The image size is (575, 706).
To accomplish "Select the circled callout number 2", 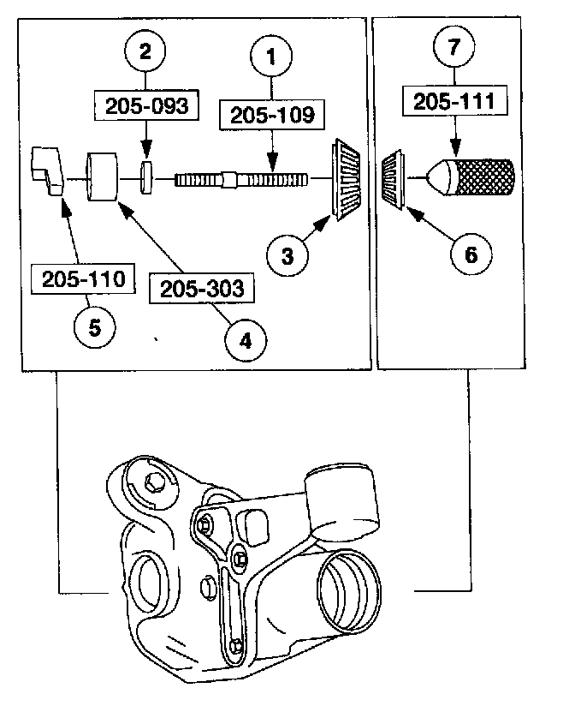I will click(146, 51).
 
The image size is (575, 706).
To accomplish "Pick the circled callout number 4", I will click(245, 340).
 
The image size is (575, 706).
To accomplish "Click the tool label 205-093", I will click(146, 105).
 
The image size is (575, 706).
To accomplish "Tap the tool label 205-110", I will click(83, 279).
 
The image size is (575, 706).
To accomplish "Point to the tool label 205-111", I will click(455, 102).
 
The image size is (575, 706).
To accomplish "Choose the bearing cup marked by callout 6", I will click(395, 180).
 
